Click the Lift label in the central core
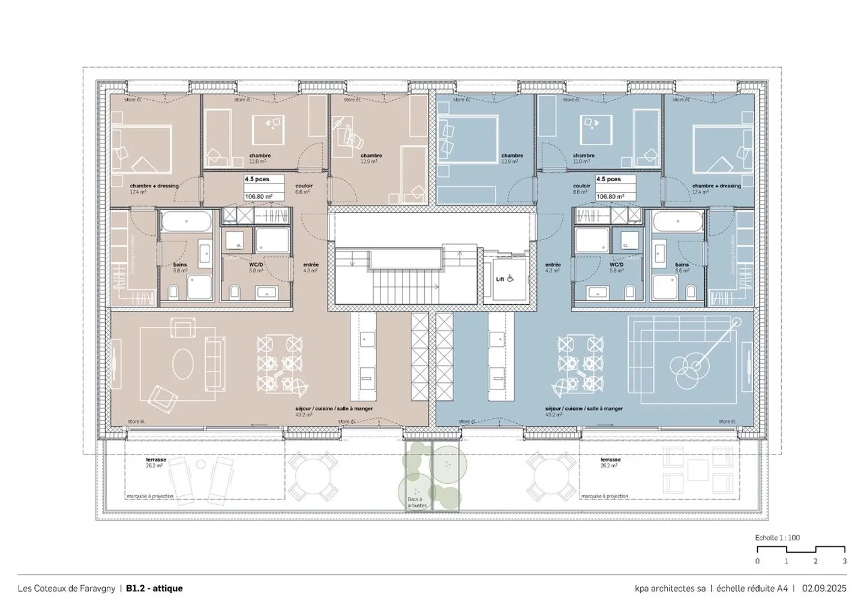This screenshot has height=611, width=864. click(500, 279)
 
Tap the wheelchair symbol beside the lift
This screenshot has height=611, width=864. click(511, 278)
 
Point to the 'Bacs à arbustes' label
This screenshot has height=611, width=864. click(415, 502)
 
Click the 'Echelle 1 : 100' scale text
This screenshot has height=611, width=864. click(777, 538)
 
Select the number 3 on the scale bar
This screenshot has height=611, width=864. click(844, 561)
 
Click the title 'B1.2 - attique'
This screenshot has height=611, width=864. click(154, 588)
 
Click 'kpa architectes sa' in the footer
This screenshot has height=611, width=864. click(670, 588)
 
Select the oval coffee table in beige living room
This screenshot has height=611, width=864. click(183, 363)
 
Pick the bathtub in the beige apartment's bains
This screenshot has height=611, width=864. click(185, 222)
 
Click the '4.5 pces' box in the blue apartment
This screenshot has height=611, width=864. click(608, 179)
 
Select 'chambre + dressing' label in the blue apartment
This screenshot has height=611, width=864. click(716, 186)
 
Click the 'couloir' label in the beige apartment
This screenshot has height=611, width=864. click(304, 186)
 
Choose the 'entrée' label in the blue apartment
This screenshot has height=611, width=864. click(553, 265)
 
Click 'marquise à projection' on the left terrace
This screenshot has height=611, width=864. click(150, 496)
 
